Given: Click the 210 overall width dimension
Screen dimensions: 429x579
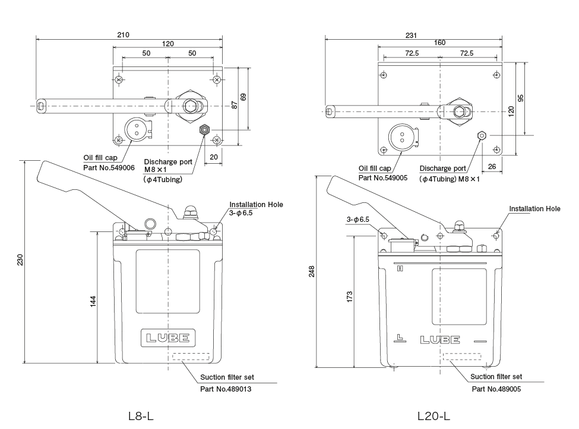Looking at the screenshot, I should [123, 35].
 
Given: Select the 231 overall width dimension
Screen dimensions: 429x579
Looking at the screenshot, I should [411, 35].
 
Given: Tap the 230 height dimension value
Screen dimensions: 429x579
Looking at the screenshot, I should [20, 260].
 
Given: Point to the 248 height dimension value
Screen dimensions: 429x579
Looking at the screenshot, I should [312, 271].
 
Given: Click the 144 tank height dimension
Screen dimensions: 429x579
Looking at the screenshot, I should [93, 301].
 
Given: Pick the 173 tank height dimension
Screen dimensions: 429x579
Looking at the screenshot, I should [350, 296].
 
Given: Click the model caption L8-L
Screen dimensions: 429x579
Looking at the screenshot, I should [141, 416].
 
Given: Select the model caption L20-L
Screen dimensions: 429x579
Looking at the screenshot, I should [434, 416].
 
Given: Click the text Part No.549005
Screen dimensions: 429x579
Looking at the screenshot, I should [383, 177].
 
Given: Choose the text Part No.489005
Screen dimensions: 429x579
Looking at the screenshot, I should [496, 389].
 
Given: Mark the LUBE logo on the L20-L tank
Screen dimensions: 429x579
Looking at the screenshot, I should [439, 341].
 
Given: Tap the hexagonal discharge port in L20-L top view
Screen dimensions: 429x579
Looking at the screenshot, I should [482, 135].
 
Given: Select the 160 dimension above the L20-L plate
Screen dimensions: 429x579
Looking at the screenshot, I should [439, 43].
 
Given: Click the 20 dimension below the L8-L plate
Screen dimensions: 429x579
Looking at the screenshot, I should [213, 157].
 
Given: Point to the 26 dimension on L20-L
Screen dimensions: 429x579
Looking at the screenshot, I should [492, 167].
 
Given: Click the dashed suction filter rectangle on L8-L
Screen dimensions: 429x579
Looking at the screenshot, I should [190, 357].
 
